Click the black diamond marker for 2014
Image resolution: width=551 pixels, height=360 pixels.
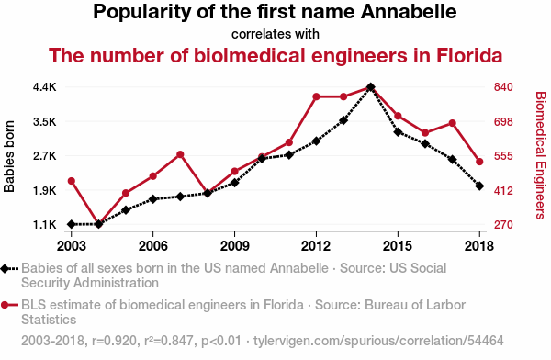(x=370, y=87)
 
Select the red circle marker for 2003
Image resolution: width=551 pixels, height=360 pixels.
(x=72, y=181)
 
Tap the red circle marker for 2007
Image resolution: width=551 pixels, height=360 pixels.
(x=180, y=154)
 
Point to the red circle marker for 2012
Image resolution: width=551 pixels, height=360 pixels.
(x=316, y=96)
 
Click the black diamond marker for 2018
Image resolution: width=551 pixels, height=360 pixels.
(x=479, y=186)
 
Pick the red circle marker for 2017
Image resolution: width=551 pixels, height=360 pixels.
(x=453, y=123)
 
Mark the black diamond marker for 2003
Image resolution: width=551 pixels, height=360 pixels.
(x=72, y=224)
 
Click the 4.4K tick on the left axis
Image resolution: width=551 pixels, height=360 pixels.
(x=45, y=87)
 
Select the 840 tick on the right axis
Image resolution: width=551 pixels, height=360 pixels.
(x=503, y=87)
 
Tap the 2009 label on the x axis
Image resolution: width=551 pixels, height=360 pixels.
(x=234, y=246)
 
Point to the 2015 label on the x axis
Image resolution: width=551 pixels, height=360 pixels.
(x=398, y=246)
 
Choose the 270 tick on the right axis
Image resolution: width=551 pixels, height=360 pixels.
(x=503, y=224)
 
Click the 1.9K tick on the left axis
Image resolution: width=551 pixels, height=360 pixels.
(x=45, y=191)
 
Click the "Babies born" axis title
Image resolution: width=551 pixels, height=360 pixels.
(x=9, y=156)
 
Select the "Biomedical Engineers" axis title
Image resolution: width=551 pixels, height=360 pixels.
(x=541, y=155)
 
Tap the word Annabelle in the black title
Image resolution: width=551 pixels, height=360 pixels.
(x=409, y=12)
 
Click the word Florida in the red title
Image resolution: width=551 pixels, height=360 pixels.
(x=469, y=55)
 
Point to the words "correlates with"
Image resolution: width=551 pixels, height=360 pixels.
(x=275, y=34)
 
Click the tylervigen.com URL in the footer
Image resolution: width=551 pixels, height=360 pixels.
(x=378, y=341)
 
